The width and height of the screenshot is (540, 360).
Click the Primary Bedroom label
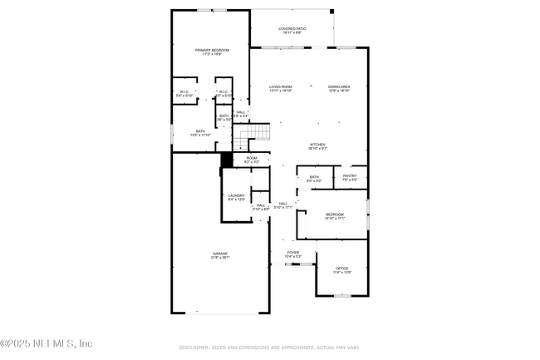click(212, 52)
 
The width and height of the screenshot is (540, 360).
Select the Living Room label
click(281, 88)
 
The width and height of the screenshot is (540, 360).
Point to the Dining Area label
click(339, 88)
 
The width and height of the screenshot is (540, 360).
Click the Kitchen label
click(318, 145)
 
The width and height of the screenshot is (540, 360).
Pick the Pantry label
click(350, 176)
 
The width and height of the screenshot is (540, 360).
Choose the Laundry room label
click(237, 197)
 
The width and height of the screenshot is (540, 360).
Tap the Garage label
click(219, 255)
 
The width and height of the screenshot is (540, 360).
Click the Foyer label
click(293, 254)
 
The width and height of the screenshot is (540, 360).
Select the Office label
click(342, 270)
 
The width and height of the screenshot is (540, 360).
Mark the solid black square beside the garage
click(226, 160)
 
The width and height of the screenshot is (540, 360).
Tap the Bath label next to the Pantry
click(314, 178)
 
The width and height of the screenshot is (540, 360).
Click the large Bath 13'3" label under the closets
click(200, 132)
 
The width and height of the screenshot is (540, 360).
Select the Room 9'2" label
click(251, 159)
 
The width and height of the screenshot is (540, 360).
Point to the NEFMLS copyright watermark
click(47, 343)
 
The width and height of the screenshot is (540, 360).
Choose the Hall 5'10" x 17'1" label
click(283, 205)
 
